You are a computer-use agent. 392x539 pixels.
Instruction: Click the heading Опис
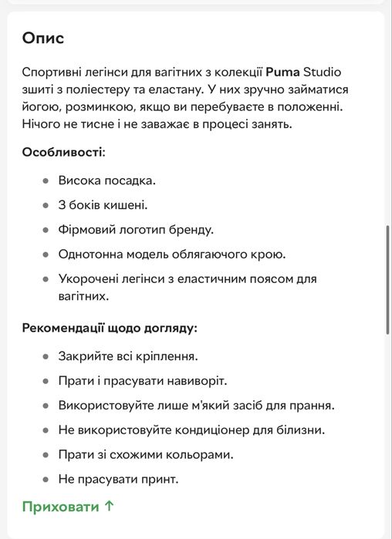click(43, 38)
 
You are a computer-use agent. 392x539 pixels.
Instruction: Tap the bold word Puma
click(282, 72)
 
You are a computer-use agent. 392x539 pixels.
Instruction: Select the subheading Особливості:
click(63, 151)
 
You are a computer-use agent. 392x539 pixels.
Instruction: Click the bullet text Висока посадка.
click(107, 180)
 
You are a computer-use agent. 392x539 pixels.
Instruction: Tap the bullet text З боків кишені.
click(103, 205)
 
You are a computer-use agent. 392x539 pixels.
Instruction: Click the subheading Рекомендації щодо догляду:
click(110, 328)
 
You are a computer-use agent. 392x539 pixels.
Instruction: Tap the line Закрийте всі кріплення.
click(128, 356)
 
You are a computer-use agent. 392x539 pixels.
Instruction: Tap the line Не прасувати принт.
click(118, 479)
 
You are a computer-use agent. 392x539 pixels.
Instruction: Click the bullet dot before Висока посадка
click(46, 180)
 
